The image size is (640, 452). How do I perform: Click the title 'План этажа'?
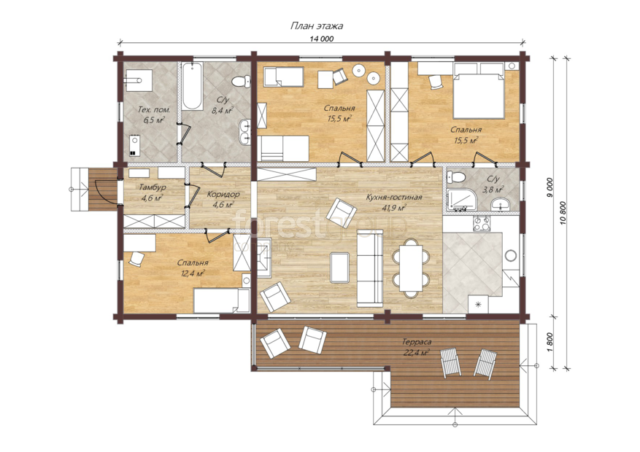click(x=316, y=26)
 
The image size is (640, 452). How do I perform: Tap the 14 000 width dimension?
click(x=322, y=39)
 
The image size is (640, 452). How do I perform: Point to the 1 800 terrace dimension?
click(x=549, y=343)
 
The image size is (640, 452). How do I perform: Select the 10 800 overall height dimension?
click(x=563, y=214)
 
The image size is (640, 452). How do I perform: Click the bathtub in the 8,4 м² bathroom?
click(x=192, y=86)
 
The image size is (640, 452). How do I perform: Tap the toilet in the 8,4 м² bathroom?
click(x=241, y=82)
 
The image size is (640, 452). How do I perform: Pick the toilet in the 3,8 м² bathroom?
click(x=456, y=177)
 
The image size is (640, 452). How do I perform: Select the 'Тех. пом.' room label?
click(x=154, y=109)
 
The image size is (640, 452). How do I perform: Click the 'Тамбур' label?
click(x=153, y=187)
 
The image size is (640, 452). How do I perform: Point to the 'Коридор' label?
click(x=223, y=195)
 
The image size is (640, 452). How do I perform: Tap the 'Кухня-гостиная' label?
click(x=393, y=198)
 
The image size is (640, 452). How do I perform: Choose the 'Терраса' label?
click(x=417, y=342)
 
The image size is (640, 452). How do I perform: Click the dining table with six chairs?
click(x=411, y=268)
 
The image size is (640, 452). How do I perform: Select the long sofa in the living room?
click(x=370, y=268)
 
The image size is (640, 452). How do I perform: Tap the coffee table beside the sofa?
click(x=339, y=268)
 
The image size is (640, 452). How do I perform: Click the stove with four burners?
click(x=482, y=224)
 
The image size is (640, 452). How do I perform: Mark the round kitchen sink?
click(x=511, y=256)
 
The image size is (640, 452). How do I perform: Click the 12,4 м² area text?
click(x=193, y=273)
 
